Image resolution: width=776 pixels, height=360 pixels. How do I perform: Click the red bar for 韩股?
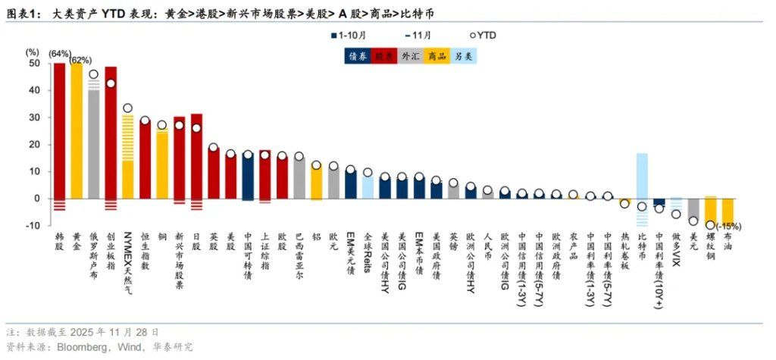(59, 129)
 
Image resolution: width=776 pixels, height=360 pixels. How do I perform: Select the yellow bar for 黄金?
(77, 129)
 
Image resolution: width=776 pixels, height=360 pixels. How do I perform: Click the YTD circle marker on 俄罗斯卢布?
(93, 75)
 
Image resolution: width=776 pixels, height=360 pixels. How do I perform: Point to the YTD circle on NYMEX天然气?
(128, 108)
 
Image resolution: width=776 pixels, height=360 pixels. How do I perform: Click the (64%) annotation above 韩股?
(60, 54)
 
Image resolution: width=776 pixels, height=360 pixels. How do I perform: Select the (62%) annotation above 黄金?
(82, 60)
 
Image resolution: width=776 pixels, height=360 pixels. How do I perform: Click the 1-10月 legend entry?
(353, 35)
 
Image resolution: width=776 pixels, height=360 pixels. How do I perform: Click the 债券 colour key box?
(358, 55)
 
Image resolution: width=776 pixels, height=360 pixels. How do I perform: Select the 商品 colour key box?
(436, 55)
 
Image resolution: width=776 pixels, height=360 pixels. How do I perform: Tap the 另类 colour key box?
(464, 55)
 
